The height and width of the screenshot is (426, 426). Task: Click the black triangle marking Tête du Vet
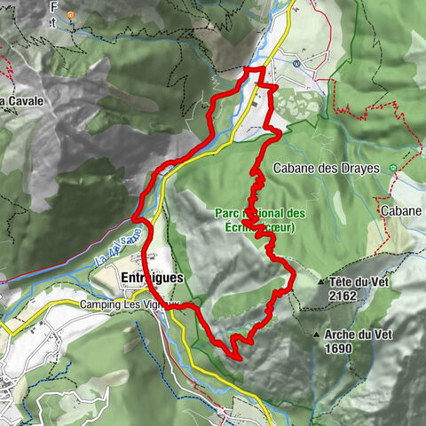(x=321, y=282)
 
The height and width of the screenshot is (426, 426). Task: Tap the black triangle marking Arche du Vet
(x=317, y=335)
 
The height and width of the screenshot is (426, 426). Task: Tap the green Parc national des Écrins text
(x=260, y=219)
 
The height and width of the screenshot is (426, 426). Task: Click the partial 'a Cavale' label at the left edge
(x=21, y=100)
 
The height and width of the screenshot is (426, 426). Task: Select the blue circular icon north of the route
(x=295, y=63)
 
